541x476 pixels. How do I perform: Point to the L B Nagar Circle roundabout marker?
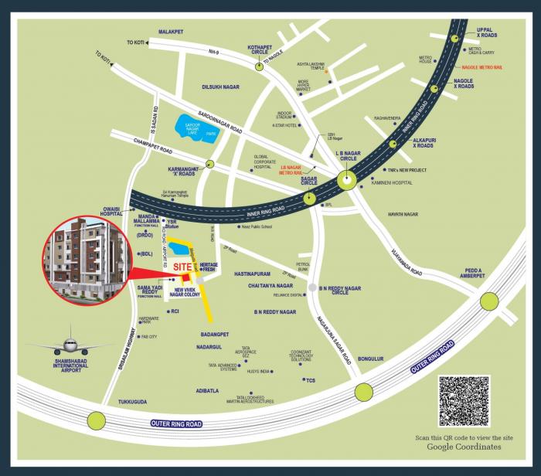(x=347, y=181)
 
